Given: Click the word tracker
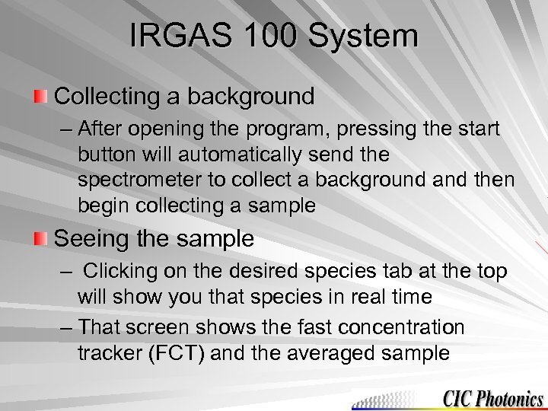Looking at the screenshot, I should click(x=108, y=354).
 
